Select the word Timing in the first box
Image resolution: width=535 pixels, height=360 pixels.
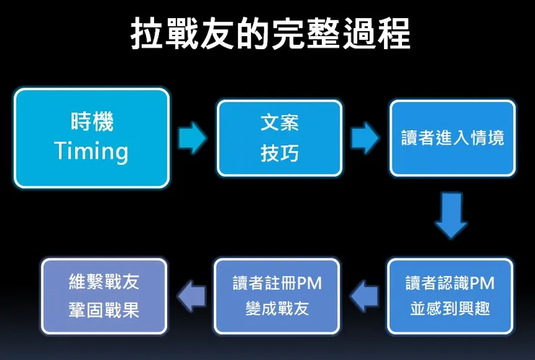(91, 151)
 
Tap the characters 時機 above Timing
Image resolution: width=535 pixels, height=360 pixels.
(91, 121)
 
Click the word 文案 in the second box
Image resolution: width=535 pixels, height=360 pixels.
(279, 123)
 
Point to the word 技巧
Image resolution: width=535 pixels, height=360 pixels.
(279, 155)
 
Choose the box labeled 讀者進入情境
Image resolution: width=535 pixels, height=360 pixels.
(453, 138)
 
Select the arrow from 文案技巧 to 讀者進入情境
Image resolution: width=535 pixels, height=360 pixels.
(366, 137)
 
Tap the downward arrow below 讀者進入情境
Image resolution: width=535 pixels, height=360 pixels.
(451, 215)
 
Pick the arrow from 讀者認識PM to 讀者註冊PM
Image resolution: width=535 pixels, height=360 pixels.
(364, 295)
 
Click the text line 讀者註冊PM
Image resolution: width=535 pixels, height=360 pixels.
(277, 283)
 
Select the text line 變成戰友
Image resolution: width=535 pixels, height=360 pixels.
(277, 309)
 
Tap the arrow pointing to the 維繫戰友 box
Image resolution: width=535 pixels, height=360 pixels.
(192, 295)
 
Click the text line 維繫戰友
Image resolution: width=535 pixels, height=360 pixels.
(104, 283)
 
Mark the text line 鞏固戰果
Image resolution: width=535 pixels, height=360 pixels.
(104, 309)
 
